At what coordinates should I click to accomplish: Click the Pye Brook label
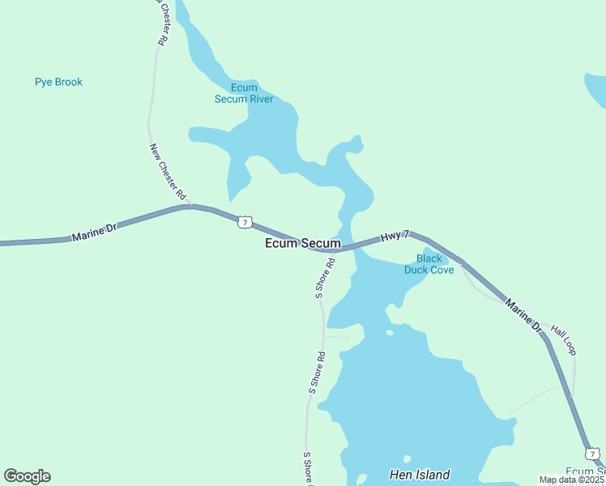tap(58, 82)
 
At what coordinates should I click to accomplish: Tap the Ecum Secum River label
tap(244, 93)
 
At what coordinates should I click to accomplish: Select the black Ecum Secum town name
tap(303, 243)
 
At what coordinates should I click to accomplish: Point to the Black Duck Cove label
tap(429, 264)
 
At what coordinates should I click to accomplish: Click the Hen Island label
tap(419, 475)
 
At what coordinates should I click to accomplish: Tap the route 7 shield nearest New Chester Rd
tap(244, 221)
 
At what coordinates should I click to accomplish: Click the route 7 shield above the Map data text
tap(593, 454)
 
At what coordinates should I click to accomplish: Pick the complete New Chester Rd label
tap(168, 172)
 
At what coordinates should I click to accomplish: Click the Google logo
tap(27, 476)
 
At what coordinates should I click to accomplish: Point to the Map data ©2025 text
tap(572, 480)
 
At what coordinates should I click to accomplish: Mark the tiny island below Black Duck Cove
tap(390, 332)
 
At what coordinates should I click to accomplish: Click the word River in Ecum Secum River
tap(261, 99)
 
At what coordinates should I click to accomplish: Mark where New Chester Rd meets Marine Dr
tap(191, 207)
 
